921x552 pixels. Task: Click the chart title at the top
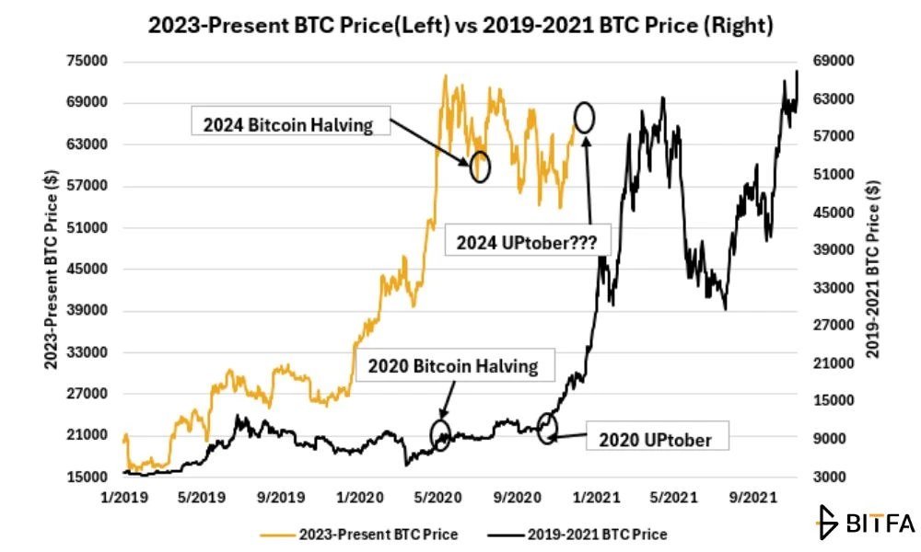point(460,25)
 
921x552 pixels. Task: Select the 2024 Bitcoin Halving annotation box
point(291,121)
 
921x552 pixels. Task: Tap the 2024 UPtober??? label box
point(528,240)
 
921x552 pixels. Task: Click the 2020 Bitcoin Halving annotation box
point(455,365)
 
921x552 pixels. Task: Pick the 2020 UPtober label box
point(658,436)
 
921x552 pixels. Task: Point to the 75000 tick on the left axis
point(87,61)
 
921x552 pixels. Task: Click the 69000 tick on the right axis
point(833,61)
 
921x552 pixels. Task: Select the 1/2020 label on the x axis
point(359,498)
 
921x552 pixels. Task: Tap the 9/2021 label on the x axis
point(753,498)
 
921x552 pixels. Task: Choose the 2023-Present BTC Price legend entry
point(359,535)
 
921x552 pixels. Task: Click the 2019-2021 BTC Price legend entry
point(577,535)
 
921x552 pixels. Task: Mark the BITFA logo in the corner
point(866,522)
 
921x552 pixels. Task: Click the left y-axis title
point(51,270)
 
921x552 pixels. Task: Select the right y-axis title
point(872,270)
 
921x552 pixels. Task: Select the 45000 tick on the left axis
point(87,269)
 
